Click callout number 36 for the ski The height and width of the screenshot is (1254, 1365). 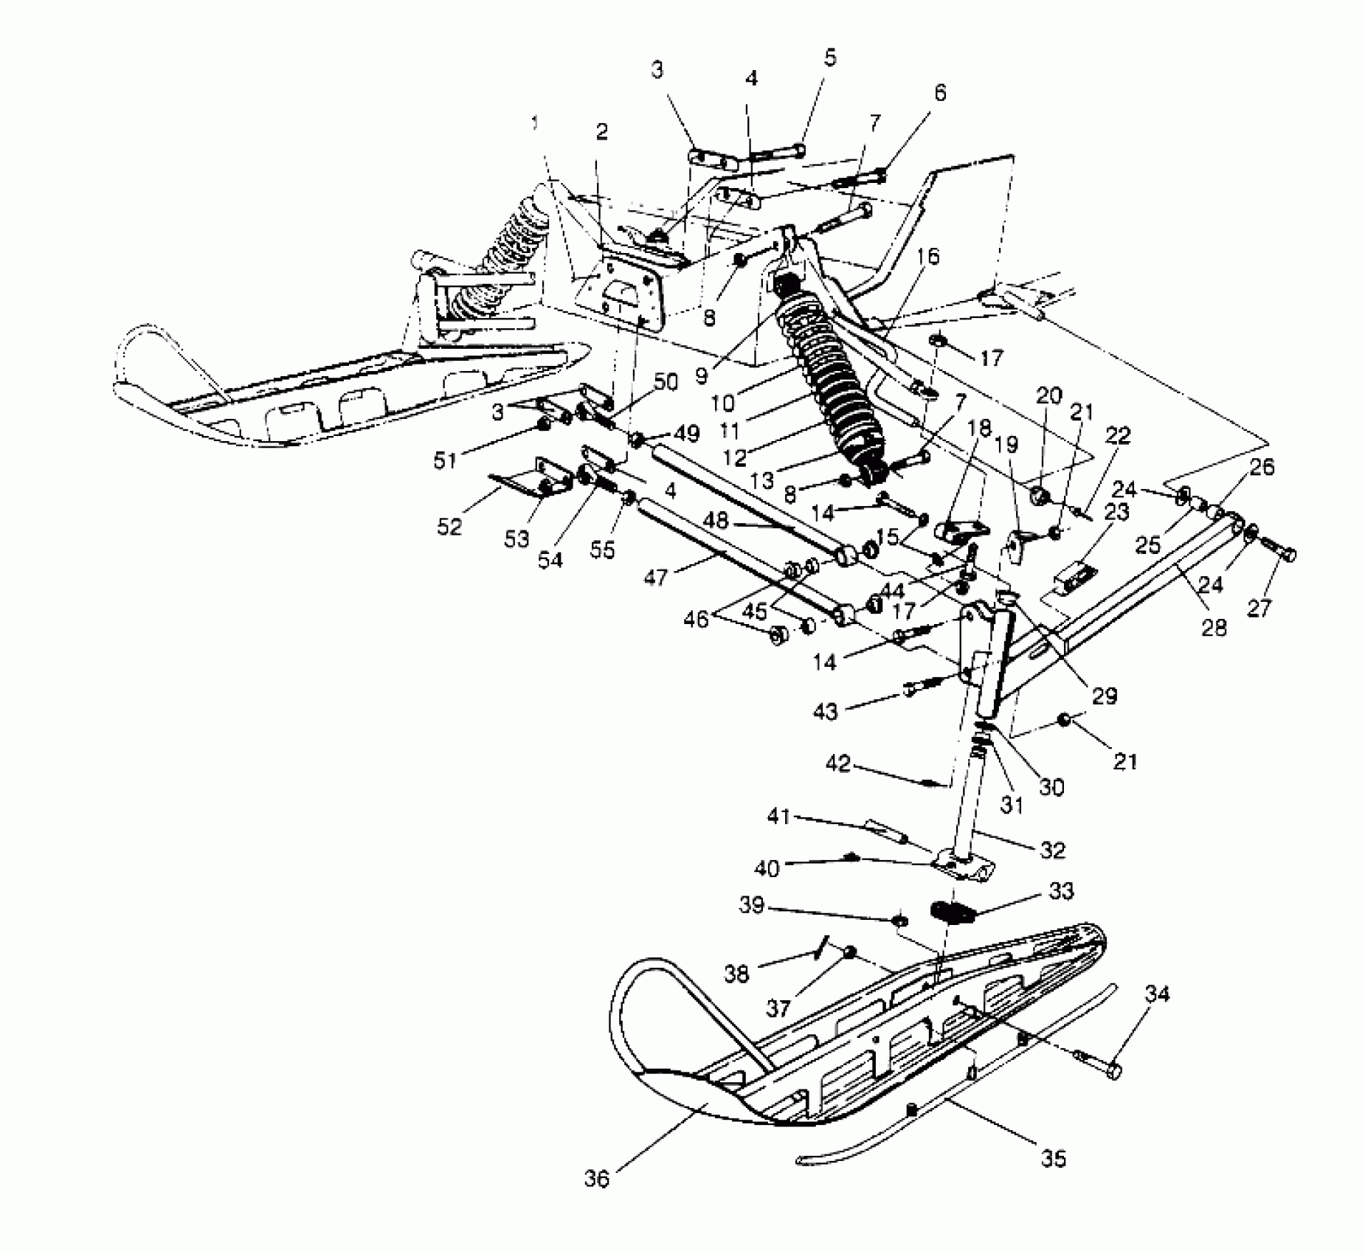point(597,1179)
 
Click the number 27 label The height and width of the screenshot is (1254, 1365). point(1259,608)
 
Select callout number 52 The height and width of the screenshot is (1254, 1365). point(449,527)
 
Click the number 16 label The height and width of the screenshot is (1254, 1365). point(929,256)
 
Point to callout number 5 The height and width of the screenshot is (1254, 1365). point(831,58)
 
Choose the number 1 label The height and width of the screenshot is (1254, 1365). point(535,122)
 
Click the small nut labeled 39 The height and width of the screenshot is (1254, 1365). point(900,921)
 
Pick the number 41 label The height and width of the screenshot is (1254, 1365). point(778,817)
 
